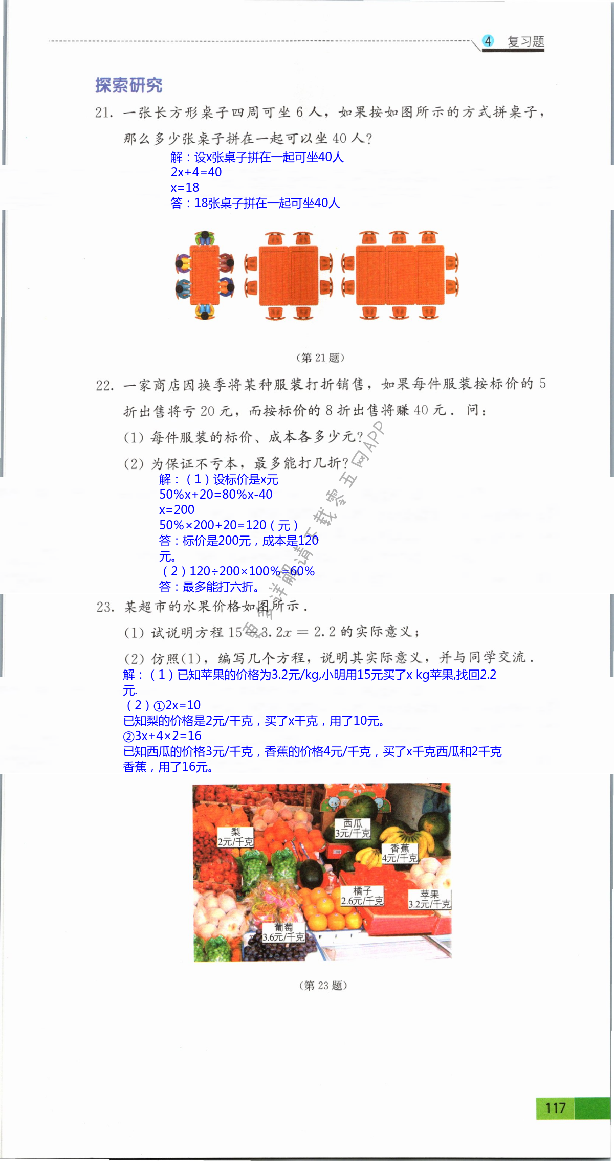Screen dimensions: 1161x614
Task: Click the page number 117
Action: tap(555, 1108)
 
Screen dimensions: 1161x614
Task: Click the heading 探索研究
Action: tap(128, 85)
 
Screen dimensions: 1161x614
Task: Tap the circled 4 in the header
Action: tap(488, 41)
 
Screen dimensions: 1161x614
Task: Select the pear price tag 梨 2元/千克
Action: tap(235, 837)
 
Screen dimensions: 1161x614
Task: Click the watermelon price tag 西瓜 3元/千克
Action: tap(353, 828)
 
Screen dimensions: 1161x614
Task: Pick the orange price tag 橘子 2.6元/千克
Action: tap(362, 896)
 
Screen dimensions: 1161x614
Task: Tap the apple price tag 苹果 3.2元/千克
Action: tap(429, 899)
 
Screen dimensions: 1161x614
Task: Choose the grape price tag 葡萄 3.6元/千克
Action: tap(283, 932)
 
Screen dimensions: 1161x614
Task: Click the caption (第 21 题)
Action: tap(320, 358)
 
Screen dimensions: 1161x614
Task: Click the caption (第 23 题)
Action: tap(323, 985)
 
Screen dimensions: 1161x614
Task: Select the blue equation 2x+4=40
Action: tap(196, 172)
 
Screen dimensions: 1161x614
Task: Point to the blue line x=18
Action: tap(185, 188)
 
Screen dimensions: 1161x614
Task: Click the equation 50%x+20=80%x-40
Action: tap(215, 495)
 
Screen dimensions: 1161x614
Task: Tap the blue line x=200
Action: tap(177, 510)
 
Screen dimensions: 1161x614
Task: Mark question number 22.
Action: tap(104, 386)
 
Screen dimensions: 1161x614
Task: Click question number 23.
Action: tap(105, 607)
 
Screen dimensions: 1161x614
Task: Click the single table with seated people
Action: tap(205, 275)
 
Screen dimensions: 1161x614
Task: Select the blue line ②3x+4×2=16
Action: tap(162, 736)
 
